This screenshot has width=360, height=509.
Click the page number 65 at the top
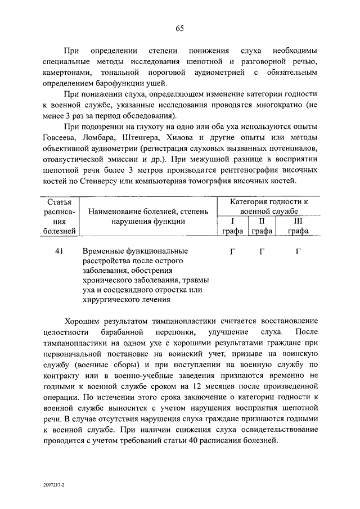(x=180, y=29)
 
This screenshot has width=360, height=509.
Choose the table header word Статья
(x=58, y=201)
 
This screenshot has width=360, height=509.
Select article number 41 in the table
(x=58, y=251)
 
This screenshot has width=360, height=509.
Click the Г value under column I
(x=232, y=251)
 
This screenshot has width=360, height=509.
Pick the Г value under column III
(x=298, y=251)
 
